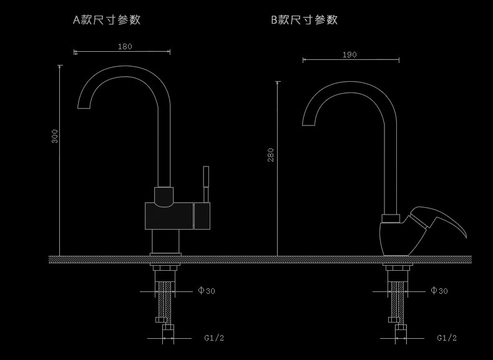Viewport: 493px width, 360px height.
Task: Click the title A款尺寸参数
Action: [x=107, y=19]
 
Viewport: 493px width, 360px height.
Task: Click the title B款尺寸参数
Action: [x=304, y=19]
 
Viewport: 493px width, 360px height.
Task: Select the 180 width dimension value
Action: [x=125, y=46]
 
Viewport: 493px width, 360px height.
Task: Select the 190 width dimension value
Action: [x=349, y=55]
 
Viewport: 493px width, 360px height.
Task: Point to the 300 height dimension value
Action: [x=55, y=136]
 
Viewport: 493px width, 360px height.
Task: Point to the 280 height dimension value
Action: [x=271, y=155]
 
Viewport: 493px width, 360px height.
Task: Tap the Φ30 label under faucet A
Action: [x=207, y=291]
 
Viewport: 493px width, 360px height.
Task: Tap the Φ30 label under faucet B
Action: [x=439, y=291]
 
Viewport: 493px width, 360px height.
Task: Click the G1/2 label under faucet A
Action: [x=214, y=338]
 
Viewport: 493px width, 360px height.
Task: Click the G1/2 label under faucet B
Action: [x=446, y=338]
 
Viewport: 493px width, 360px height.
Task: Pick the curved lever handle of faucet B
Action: [x=440, y=220]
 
